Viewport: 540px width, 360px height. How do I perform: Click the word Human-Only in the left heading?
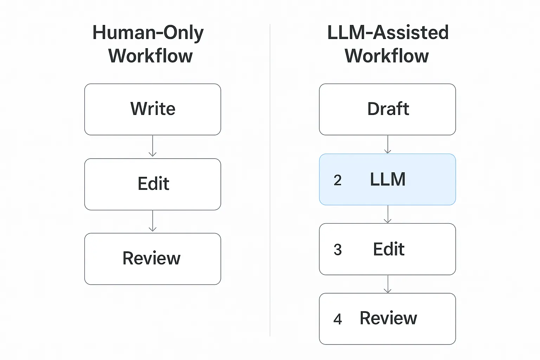[148, 33]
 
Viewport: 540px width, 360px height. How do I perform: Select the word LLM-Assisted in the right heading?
[388, 33]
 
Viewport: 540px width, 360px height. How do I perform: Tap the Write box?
[153, 109]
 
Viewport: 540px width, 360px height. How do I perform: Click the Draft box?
[387, 109]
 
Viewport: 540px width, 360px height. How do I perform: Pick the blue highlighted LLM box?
[387, 179]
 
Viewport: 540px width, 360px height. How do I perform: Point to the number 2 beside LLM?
[337, 180]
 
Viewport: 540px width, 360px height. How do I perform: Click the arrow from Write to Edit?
[153, 146]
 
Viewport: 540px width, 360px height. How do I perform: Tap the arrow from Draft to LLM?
[387, 144]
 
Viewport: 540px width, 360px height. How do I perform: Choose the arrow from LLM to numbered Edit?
[387, 214]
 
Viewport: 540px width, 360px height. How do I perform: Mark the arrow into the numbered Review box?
[387, 284]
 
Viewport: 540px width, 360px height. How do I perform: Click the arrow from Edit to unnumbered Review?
[153, 221]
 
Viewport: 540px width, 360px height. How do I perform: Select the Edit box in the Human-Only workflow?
[153, 184]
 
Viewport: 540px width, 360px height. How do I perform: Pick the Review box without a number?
[153, 259]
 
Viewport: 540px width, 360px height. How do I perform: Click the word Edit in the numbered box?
[388, 249]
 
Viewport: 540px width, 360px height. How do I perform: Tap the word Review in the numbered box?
[388, 318]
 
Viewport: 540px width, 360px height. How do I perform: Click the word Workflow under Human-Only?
[150, 56]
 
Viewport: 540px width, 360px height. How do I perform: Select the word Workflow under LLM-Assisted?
[387, 56]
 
